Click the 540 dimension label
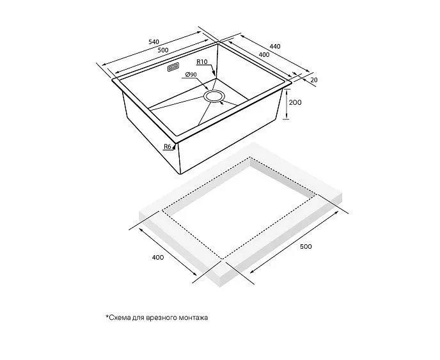(x=153, y=42)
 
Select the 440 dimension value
(x=275, y=46)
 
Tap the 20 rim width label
(x=314, y=80)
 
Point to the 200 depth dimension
(x=295, y=103)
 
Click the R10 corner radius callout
(x=201, y=61)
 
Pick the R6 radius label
(x=168, y=146)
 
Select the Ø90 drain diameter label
(x=191, y=75)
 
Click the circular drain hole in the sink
(x=214, y=97)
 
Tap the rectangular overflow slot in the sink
(x=173, y=68)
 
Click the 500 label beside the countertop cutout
(x=306, y=246)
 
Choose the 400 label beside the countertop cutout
(x=158, y=257)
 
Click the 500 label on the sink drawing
(x=163, y=50)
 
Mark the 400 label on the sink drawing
(x=263, y=54)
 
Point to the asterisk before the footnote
(x=107, y=317)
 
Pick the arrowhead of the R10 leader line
(x=214, y=74)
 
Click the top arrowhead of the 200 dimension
(x=287, y=91)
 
